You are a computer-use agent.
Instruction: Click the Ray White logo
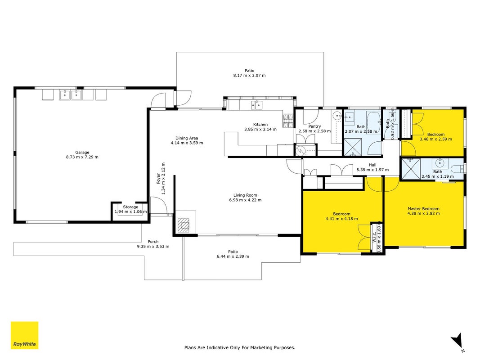coord(24,335)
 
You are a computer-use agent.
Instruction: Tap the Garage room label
coord(82,153)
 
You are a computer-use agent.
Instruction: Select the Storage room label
coord(131,207)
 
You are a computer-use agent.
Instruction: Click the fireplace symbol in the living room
coord(184,225)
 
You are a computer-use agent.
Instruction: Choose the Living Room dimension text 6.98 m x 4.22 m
coord(245,200)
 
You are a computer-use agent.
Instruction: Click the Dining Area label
coord(187,138)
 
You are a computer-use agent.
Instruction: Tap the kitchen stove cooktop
coord(288,121)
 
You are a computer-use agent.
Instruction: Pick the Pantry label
coord(315,126)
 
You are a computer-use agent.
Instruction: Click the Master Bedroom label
coord(423,209)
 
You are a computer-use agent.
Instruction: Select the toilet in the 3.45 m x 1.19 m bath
coord(458,168)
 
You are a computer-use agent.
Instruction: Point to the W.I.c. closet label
coord(374,237)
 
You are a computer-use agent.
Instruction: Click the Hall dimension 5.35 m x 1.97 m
coord(372,170)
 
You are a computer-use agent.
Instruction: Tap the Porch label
coord(153,242)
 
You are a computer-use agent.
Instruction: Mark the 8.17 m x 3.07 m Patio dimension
coord(250,75)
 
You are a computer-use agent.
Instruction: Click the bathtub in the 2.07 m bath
coord(374,122)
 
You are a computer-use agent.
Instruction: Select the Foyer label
coord(158,179)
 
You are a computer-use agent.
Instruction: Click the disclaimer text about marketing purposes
coord(240,348)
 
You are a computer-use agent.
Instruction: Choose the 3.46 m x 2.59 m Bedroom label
coord(436,135)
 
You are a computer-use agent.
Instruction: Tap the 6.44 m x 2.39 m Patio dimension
coord(233,256)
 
